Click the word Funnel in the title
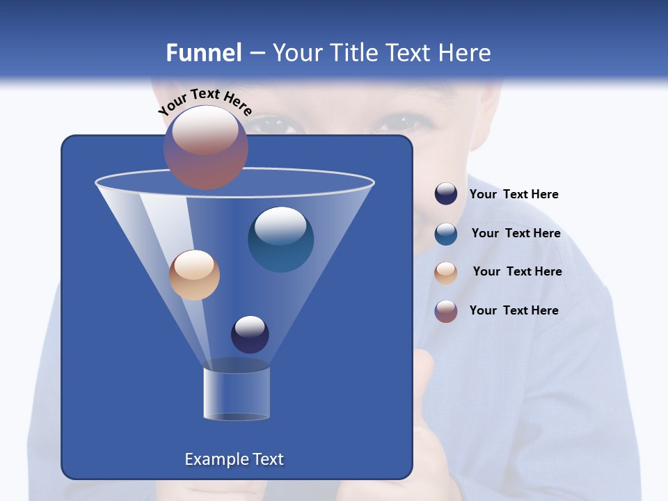tap(203, 53)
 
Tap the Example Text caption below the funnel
tap(234, 459)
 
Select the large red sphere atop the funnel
tap(206, 148)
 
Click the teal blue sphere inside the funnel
tap(280, 239)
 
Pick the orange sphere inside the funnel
tap(194, 275)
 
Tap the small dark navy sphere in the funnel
tap(250, 334)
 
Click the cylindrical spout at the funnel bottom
tap(237, 393)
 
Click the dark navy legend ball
tap(446, 194)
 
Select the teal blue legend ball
tap(446, 234)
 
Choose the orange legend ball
tap(446, 272)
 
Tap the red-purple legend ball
tap(446, 311)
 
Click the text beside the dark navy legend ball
tap(514, 195)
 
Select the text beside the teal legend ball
tap(516, 234)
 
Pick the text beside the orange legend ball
tap(517, 272)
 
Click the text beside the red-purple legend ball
tap(514, 310)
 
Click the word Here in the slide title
tap(465, 53)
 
